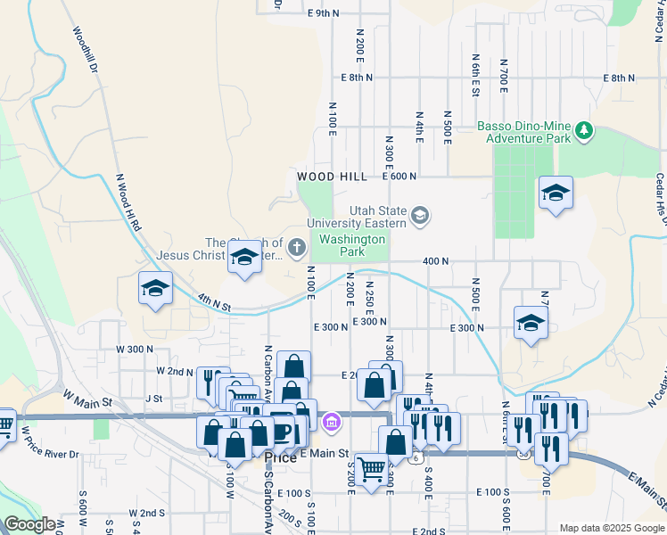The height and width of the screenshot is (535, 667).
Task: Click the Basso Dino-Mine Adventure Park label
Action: tap(523, 132)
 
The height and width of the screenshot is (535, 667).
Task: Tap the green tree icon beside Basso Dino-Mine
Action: tap(584, 132)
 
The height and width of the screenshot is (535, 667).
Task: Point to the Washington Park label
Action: tap(352, 245)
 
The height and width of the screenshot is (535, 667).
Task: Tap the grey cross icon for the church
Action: tap(298, 243)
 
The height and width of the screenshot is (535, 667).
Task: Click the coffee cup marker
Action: tap(283, 432)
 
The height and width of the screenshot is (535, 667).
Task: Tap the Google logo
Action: tap(29, 524)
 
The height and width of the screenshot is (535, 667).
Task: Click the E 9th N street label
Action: tap(323, 13)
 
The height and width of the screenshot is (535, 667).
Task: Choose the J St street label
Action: tap(154, 399)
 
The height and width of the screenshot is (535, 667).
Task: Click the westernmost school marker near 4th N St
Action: tap(155, 289)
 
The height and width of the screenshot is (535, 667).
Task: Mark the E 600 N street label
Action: tap(400, 177)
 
